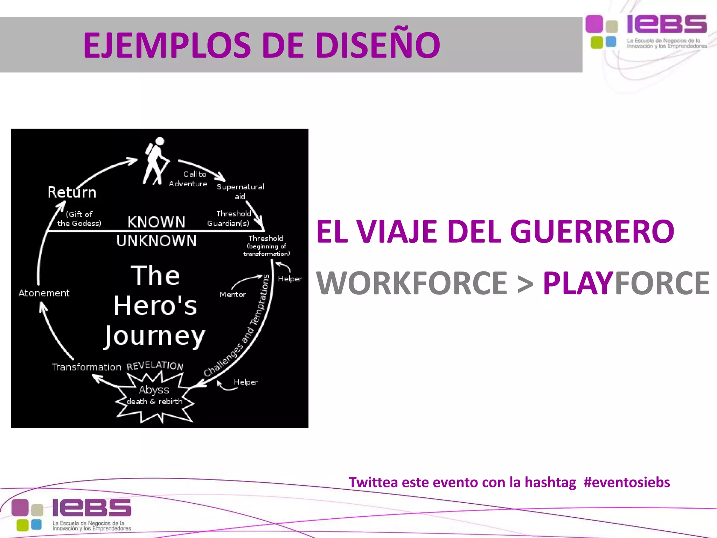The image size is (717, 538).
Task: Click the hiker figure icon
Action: pos(156,160)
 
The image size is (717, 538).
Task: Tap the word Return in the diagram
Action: pos(72,192)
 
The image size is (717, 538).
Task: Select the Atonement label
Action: pos(44,293)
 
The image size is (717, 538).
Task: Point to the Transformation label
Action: pos(86,367)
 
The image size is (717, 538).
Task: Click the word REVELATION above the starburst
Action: pos(155,365)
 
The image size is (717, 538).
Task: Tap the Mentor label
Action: pos(232,295)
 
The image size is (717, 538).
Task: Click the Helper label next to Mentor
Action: pos(290,279)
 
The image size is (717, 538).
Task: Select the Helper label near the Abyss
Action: pos(245,382)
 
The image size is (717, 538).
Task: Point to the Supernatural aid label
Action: pos(240,191)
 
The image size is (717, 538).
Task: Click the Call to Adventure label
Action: pos(188,179)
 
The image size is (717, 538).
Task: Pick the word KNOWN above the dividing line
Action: pos(156,222)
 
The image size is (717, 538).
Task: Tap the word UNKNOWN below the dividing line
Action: pos(156,241)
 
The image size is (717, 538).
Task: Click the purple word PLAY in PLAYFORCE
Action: pos(578,283)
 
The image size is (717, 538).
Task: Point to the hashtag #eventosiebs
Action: pos(627,482)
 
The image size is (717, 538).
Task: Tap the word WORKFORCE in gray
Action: pos(412,283)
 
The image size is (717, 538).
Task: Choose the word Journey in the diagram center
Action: pos(155,336)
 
